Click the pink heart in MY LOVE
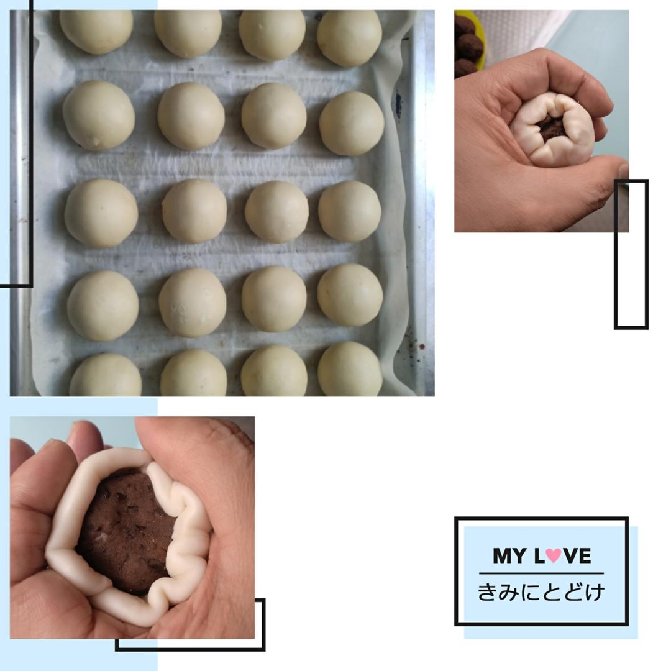(x=554, y=555)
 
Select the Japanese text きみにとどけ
(x=541, y=592)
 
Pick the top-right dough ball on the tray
(x=349, y=38)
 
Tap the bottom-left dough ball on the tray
(x=106, y=375)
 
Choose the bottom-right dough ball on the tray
(x=350, y=369)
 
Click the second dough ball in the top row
(x=188, y=33)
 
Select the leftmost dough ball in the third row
(x=101, y=213)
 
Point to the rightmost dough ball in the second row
(x=352, y=123)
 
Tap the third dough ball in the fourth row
(x=275, y=299)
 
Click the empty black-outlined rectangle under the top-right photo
(x=631, y=254)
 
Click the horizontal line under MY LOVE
(x=541, y=573)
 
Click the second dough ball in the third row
(x=194, y=211)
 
